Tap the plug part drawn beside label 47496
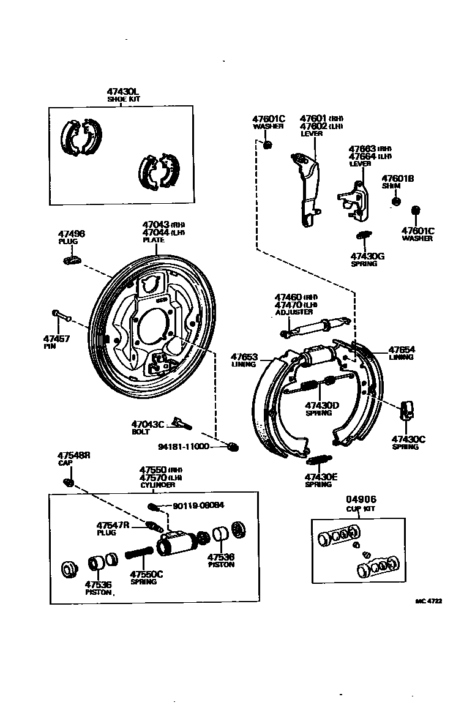72,261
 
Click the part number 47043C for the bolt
148,424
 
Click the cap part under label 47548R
69,483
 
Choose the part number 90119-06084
198,505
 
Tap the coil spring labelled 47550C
140,554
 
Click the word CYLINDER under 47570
157,485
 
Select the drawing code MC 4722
428,602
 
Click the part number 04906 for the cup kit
360,499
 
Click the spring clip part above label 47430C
406,409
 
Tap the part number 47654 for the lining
402,350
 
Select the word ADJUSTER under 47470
294,312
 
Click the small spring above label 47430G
364,235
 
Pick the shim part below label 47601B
396,201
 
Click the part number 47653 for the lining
244,357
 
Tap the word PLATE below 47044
154,240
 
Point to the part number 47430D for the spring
322,405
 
